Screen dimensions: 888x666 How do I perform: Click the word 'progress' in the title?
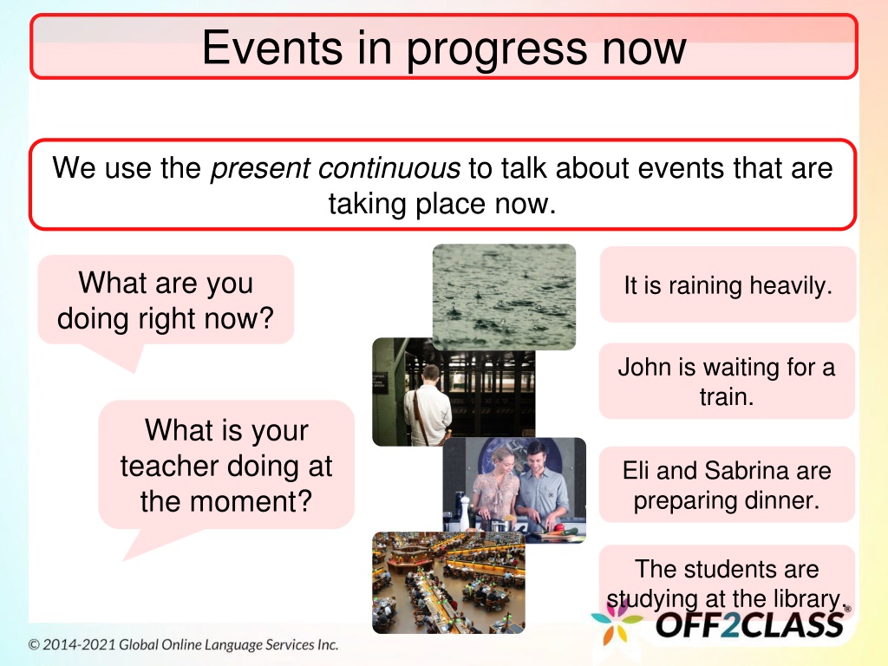point(496,49)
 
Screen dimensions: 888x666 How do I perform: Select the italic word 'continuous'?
point(389,168)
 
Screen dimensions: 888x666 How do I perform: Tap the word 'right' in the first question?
point(167,319)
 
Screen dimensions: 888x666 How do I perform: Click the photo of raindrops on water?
point(504,297)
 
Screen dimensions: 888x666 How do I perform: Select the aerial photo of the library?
point(448,582)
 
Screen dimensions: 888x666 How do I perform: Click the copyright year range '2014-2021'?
point(79,644)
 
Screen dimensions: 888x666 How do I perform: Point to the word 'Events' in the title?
point(272,48)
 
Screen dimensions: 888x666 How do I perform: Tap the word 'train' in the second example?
point(727,397)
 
